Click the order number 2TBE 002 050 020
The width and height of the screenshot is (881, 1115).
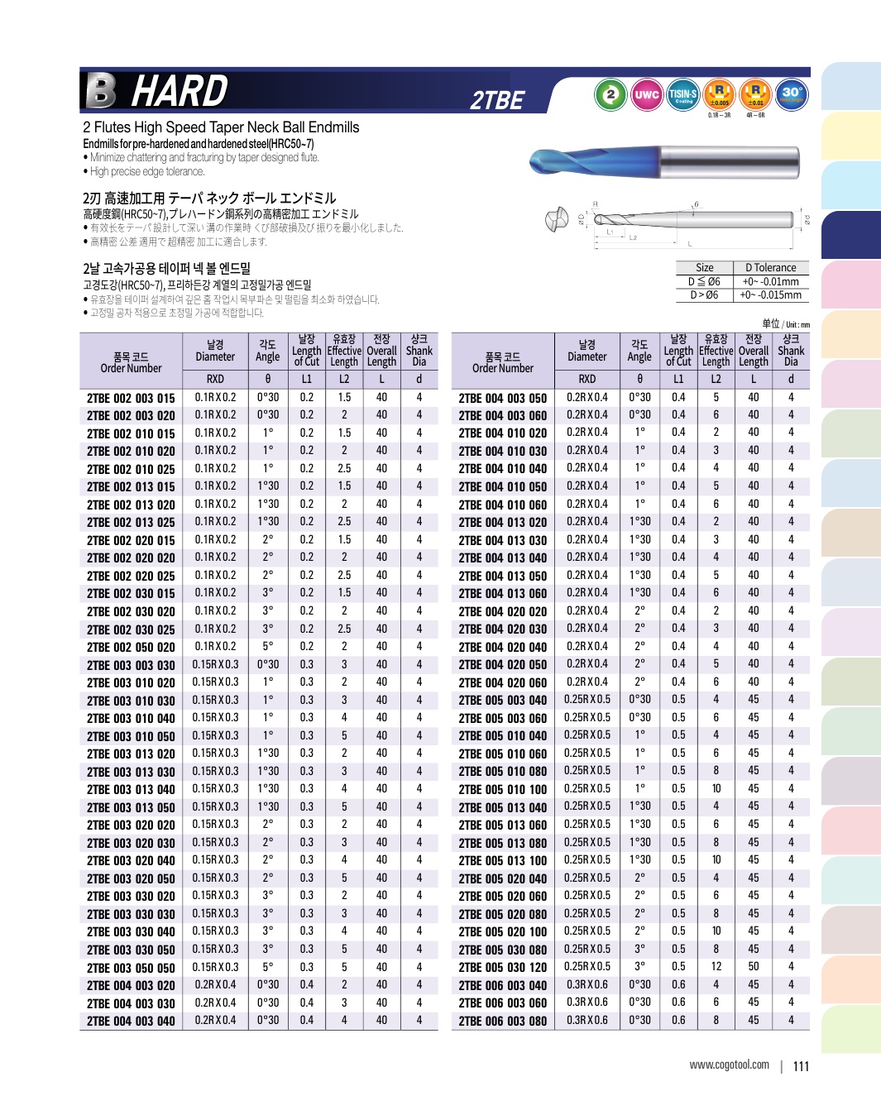click(131, 647)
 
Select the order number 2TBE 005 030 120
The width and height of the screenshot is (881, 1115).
click(503, 967)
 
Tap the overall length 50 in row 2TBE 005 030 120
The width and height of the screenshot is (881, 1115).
click(754, 966)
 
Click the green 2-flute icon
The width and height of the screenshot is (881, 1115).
click(610, 94)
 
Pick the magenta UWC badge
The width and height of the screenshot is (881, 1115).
click(646, 94)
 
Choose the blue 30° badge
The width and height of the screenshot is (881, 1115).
click(792, 94)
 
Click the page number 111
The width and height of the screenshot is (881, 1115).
click(801, 1066)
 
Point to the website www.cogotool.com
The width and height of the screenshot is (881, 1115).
click(729, 1065)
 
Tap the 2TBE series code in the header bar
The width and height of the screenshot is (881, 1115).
click(497, 101)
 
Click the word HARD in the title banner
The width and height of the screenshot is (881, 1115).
click(180, 91)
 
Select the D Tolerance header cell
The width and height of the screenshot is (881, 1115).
click(770, 268)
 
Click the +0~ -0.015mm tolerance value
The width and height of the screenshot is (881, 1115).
click(770, 294)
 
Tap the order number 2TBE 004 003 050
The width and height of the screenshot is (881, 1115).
click(503, 398)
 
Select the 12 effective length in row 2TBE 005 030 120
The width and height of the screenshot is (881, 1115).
click(716, 966)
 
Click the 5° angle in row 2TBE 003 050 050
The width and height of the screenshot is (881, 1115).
click(268, 967)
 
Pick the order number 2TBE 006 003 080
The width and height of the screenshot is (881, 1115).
click(503, 1021)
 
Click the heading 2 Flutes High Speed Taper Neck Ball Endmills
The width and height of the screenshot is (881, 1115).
click(221, 127)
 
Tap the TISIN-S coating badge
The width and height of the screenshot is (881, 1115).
click(682, 94)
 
